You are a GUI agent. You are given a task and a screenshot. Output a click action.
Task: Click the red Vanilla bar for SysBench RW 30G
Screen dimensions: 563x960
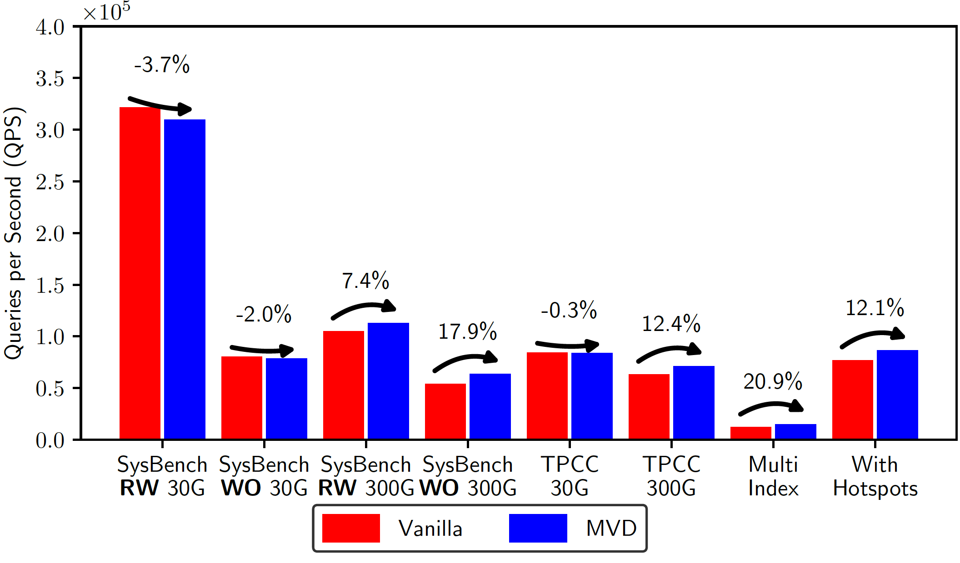click(x=140, y=272)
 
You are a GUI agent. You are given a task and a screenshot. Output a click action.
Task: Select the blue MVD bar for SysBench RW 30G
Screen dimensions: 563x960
click(x=185, y=279)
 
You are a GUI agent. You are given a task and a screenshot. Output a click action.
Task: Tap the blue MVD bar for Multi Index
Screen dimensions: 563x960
click(x=795, y=431)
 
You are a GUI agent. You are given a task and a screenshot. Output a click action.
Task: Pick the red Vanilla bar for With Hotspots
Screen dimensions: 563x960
click(x=852, y=399)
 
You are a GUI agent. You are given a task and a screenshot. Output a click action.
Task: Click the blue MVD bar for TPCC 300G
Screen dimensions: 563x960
click(x=694, y=402)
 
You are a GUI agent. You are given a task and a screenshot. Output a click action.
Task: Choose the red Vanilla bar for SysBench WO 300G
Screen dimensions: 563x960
click(x=445, y=411)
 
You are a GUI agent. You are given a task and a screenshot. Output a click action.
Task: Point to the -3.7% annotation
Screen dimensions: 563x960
click(x=162, y=64)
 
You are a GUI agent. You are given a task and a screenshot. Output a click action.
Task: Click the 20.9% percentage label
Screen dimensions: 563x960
click(x=772, y=381)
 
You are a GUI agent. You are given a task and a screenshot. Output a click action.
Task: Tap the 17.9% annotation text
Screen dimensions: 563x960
click(x=467, y=331)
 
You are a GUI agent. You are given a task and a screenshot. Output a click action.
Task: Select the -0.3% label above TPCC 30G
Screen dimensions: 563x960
click(x=569, y=311)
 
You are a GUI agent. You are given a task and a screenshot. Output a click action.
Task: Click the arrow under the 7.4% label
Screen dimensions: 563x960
click(x=364, y=309)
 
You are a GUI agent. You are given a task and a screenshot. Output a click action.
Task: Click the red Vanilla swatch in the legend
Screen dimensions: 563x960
click(x=351, y=528)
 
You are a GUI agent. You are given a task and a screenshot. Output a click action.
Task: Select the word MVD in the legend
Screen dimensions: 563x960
click(x=611, y=528)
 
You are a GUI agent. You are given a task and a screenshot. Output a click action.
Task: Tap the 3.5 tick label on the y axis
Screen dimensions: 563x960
click(x=50, y=79)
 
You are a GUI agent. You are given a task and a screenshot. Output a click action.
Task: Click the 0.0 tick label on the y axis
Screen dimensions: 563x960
click(x=50, y=440)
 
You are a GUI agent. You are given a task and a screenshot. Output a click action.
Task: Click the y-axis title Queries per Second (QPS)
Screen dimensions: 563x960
click(x=14, y=233)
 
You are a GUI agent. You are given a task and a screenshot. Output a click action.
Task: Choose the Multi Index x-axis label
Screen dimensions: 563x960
click(x=773, y=476)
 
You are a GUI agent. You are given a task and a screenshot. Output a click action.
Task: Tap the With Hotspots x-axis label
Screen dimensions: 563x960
click(x=875, y=476)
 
